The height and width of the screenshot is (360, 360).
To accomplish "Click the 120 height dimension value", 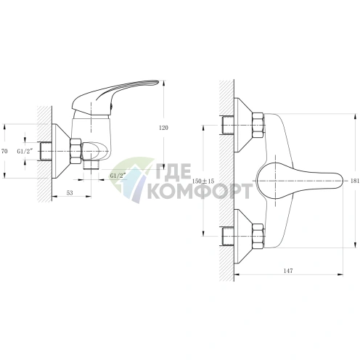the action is [x=163, y=128].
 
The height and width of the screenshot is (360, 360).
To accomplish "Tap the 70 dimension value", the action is [x=4, y=152].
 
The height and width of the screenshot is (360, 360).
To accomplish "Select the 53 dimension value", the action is [x=70, y=192].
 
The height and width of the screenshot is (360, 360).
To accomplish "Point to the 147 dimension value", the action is [x=288, y=271].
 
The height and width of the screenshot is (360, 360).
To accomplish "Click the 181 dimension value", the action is [x=355, y=181].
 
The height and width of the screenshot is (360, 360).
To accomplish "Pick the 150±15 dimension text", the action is [x=203, y=181].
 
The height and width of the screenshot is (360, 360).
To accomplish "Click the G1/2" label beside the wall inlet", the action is [x=25, y=152].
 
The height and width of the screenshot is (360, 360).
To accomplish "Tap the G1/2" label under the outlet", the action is [x=118, y=176].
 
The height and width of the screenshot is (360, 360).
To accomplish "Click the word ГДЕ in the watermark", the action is [x=171, y=172].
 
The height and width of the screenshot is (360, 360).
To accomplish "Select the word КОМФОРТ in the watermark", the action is [x=199, y=191].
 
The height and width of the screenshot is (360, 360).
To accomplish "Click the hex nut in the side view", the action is [x=75, y=152].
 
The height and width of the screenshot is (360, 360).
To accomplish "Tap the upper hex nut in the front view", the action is [x=258, y=126].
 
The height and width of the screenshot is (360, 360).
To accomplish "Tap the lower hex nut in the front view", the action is [x=258, y=236].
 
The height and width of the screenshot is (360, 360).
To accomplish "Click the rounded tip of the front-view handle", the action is [x=341, y=181].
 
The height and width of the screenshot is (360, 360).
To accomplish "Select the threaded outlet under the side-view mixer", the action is [x=91, y=165].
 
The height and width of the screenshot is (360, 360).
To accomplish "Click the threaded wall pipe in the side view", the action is [x=44, y=152].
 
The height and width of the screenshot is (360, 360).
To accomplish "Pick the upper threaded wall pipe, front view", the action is [x=228, y=126].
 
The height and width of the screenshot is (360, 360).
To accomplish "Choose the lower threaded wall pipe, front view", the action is [x=228, y=236].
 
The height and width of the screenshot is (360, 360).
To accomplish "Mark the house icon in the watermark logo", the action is [x=133, y=180].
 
